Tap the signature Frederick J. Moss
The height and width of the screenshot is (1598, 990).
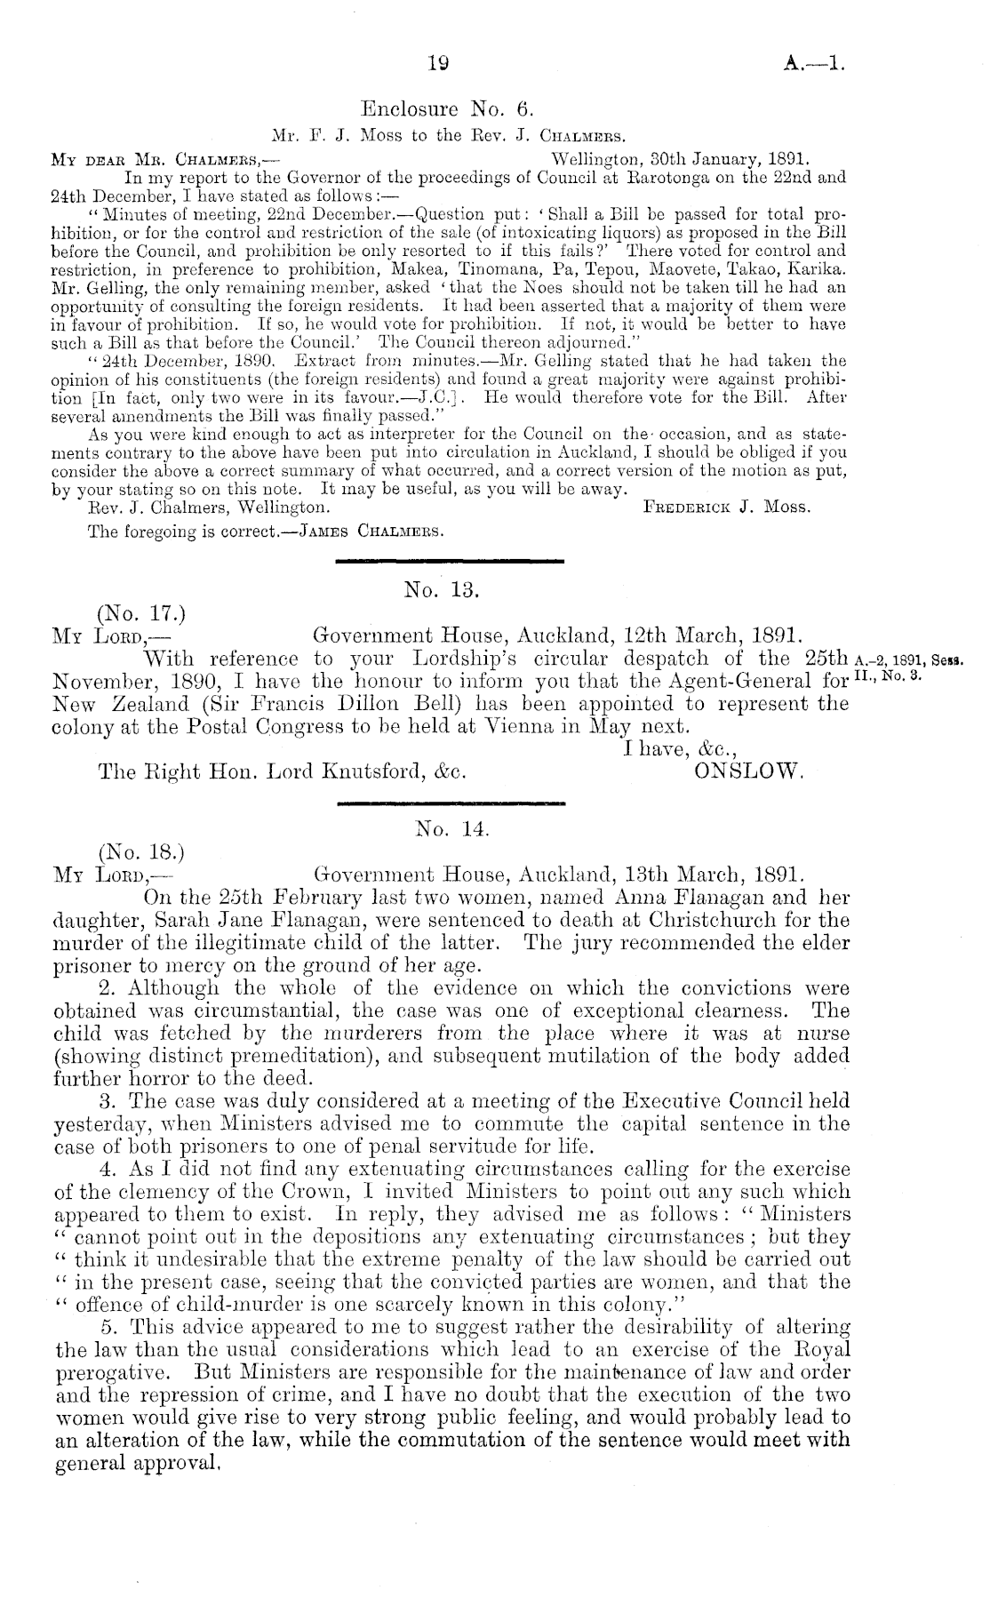pyautogui.click(x=725, y=507)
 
